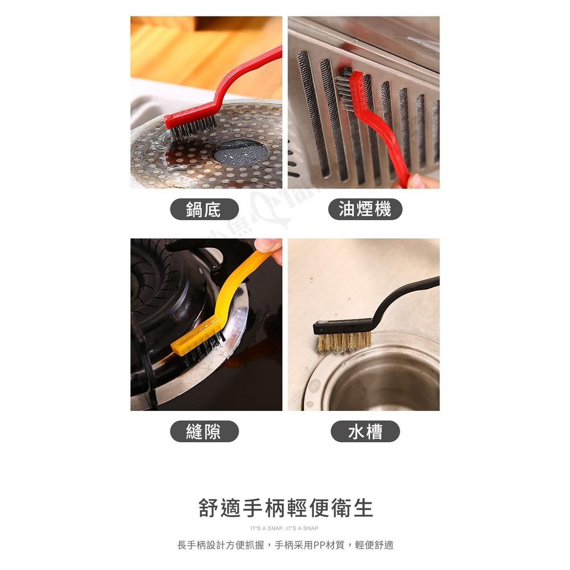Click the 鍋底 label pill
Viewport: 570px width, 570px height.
204,209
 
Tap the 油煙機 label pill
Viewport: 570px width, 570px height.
365,209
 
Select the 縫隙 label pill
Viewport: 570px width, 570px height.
204,431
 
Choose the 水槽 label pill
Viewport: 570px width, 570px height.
365,431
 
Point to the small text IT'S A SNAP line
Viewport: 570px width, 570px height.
285,528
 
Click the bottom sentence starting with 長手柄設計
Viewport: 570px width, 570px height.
285,545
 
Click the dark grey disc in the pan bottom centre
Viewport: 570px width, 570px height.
239,153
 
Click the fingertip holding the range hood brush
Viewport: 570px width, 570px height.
422,181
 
